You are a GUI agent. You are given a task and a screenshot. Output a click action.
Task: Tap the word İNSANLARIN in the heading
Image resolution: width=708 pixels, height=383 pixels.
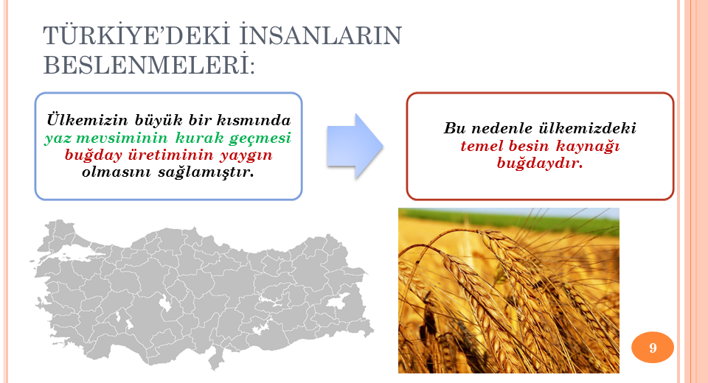(320, 35)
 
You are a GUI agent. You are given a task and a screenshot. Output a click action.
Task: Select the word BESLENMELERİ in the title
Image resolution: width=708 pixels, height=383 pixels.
(148, 65)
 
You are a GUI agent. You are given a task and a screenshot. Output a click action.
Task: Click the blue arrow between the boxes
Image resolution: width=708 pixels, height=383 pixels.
(355, 146)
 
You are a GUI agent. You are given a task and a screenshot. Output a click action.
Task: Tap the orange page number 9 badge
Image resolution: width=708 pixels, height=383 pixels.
(653, 348)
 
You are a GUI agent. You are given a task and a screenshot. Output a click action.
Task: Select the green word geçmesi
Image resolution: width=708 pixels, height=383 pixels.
(260, 138)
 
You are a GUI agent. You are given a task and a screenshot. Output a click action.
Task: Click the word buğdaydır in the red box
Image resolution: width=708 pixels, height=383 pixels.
(540, 164)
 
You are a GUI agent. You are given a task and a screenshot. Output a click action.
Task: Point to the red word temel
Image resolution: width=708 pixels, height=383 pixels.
(482, 146)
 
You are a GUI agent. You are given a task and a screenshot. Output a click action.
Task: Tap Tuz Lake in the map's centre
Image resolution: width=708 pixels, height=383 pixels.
(165, 303)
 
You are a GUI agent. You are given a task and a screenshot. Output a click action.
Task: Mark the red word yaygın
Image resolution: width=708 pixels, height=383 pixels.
(246, 155)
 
